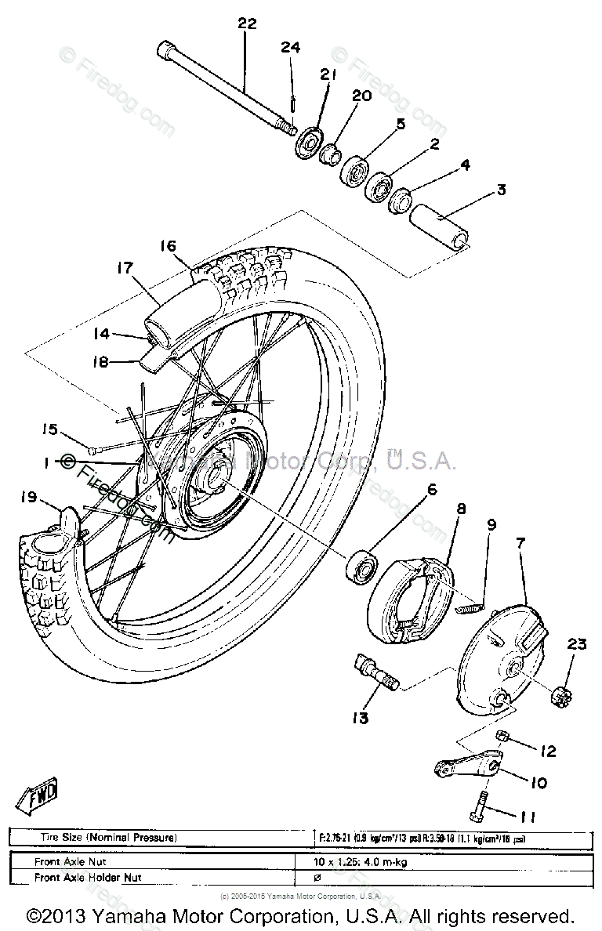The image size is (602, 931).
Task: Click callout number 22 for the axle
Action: click(x=247, y=24)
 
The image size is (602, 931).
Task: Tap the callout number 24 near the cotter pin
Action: click(x=291, y=48)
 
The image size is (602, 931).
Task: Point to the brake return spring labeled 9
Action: click(x=470, y=603)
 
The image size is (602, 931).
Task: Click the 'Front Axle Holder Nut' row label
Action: click(x=88, y=878)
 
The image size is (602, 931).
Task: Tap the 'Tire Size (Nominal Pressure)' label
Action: click(x=109, y=837)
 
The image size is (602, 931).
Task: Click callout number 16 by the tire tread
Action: click(x=169, y=245)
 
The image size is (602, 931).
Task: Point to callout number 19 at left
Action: click(x=29, y=497)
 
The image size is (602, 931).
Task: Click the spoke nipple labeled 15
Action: click(x=93, y=450)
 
